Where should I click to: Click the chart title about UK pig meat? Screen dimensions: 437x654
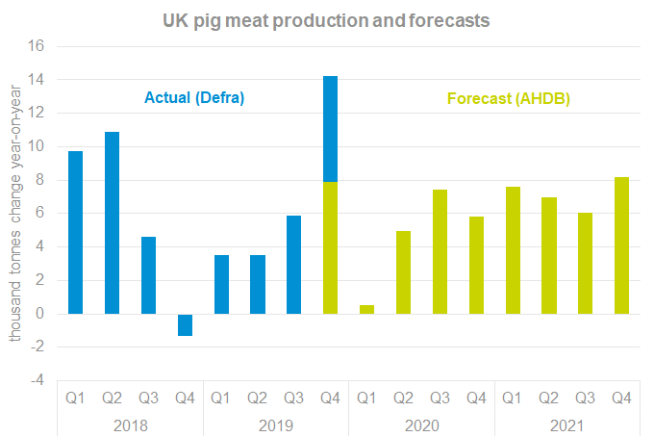(327, 18)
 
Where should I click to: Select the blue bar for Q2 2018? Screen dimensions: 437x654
(112, 222)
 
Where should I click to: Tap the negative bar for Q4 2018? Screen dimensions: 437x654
(185, 324)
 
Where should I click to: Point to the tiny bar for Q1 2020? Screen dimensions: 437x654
(366, 309)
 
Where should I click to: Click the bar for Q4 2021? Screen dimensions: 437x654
(621, 244)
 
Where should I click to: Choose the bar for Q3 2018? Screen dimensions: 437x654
(148, 275)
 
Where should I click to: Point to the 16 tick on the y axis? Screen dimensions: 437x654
(37, 46)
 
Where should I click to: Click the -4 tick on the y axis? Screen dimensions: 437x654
(37, 380)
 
